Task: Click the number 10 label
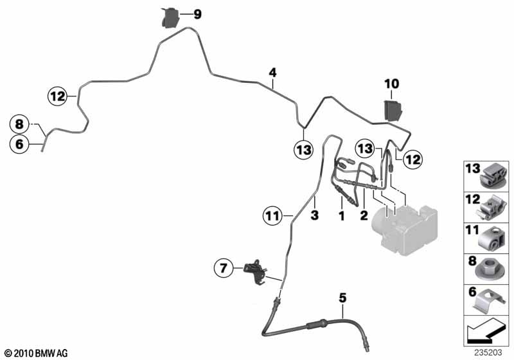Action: point(392,84)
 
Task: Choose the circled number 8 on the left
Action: point(19,123)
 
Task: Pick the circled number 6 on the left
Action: point(19,145)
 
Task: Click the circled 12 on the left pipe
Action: point(57,96)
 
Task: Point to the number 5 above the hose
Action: point(342,297)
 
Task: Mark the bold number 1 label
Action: point(342,217)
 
